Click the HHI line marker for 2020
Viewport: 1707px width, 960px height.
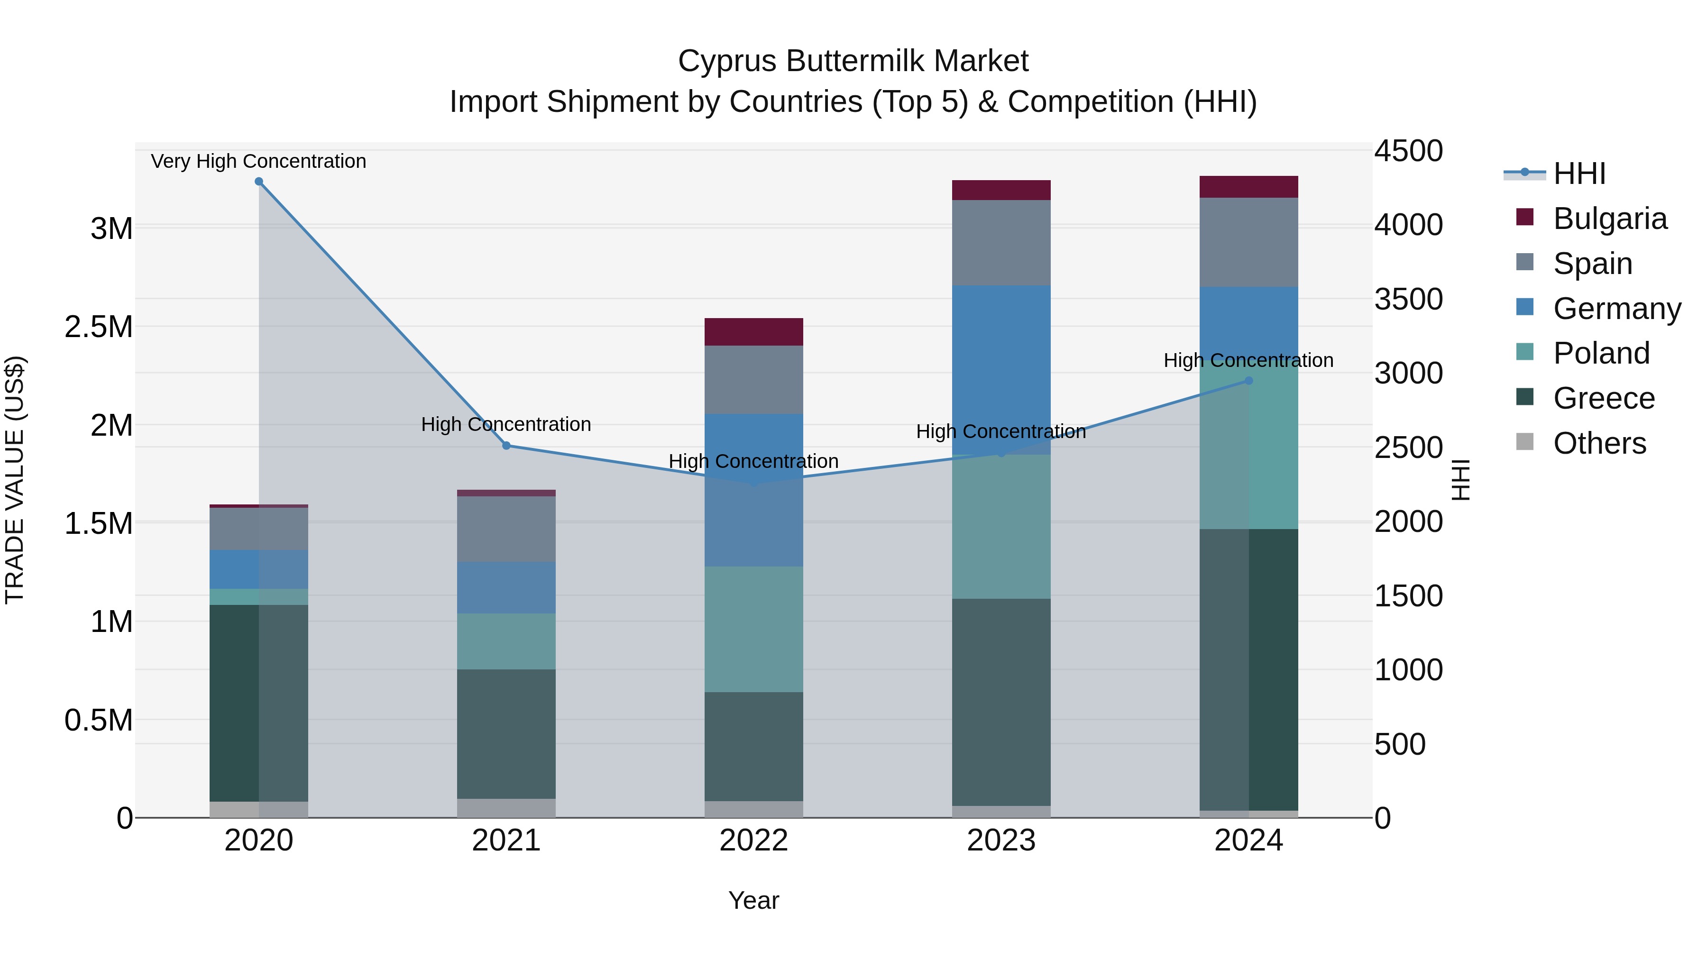259,182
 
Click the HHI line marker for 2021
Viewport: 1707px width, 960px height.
506,446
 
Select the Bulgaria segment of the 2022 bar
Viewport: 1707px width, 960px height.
753,332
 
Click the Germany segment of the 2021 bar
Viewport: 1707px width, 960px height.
506,588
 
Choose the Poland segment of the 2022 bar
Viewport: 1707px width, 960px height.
753,630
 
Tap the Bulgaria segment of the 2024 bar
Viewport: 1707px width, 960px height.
1248,187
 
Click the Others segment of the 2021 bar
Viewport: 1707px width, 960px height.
506,808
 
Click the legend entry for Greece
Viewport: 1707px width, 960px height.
1604,399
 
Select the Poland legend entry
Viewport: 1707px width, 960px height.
1601,354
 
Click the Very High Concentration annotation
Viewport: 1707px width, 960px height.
258,162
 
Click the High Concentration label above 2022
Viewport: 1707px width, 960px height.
753,461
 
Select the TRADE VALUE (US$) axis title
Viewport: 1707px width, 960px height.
15,480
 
